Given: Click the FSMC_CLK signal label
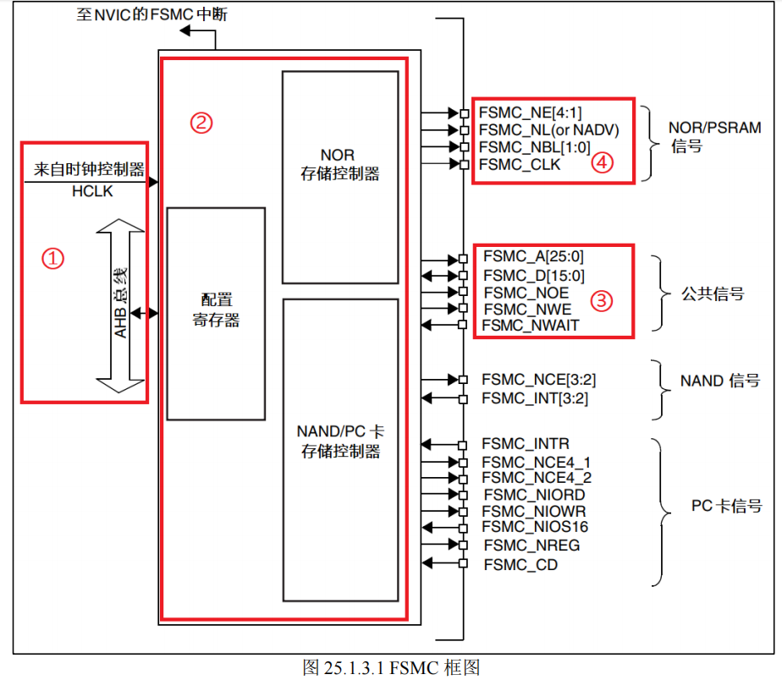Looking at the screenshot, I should [520, 165].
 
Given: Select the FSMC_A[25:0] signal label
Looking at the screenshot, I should [533, 257].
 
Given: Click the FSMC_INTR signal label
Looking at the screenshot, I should [526, 444].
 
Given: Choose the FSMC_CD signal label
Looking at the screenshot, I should [520, 564].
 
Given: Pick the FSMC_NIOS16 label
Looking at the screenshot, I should [536, 528].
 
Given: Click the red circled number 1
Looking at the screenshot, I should [53, 259].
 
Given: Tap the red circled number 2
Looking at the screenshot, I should [201, 123].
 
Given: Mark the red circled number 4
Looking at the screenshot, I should [602, 164].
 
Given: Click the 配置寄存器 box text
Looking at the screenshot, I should [216, 310].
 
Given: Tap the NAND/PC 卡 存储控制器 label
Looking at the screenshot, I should [340, 441].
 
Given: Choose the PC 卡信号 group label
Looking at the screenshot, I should [726, 506].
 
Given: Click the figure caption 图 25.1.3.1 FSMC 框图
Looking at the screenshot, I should [391, 667].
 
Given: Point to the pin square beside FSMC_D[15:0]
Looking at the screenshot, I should [463, 275].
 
